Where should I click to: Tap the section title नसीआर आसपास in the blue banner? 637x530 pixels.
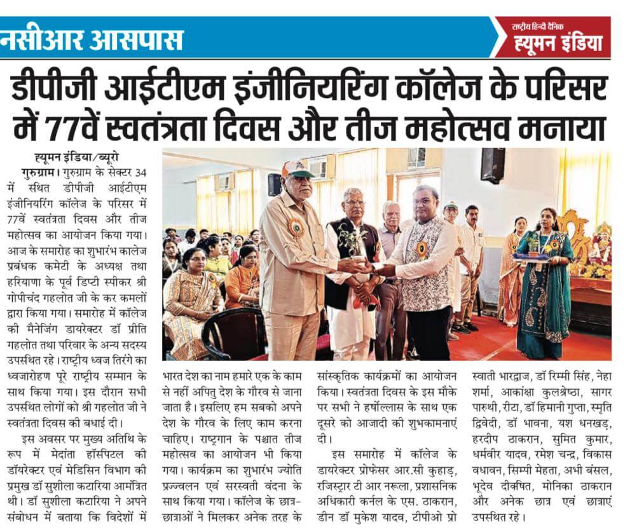coord(92,40)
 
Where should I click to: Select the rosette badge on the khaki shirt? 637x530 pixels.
coord(296,228)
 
